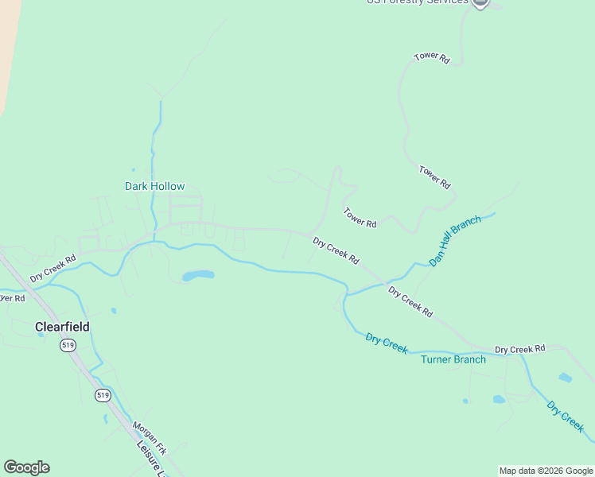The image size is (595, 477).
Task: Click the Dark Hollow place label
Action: [154, 187]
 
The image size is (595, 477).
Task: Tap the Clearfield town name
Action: [62, 327]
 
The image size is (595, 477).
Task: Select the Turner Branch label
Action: [453, 359]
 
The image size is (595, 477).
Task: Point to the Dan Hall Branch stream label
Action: [455, 240]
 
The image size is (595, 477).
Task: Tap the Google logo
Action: [26, 467]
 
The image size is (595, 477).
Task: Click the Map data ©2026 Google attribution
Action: [546, 471]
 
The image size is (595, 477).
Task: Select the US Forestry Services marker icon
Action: [480, 3]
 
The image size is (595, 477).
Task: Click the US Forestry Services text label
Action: [417, 2]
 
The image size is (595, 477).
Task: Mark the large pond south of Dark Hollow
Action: [198, 276]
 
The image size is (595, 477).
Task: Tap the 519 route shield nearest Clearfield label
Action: [67, 345]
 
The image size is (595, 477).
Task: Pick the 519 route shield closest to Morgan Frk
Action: [102, 395]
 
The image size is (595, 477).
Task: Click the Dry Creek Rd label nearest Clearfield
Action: [53, 269]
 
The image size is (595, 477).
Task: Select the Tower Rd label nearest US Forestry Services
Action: [432, 58]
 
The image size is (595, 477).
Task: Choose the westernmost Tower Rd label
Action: [360, 218]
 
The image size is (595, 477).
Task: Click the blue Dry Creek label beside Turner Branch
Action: [387, 343]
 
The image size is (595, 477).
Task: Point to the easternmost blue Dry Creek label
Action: [566, 416]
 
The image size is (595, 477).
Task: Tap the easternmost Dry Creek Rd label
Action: [519, 349]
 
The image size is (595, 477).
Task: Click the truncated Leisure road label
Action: [151, 461]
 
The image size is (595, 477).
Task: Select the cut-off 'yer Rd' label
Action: [12, 298]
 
